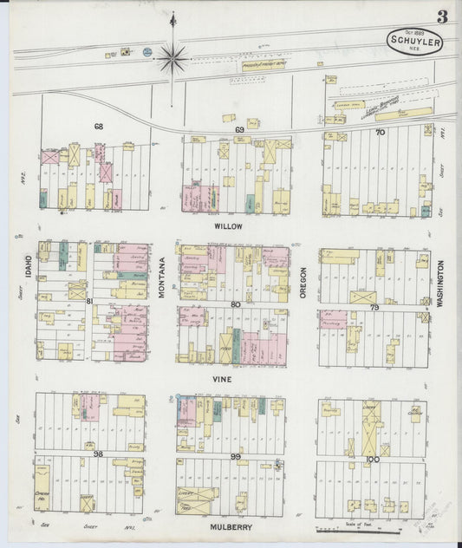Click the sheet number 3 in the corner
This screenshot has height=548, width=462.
click(442, 16)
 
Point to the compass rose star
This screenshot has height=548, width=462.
click(172, 58)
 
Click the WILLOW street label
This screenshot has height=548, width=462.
click(227, 225)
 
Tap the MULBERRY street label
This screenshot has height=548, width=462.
click(229, 525)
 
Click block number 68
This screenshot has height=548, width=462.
click(99, 127)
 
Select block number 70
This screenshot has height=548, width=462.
click(379, 133)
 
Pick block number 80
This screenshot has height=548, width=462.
click(236, 303)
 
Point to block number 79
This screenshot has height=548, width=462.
click(374, 307)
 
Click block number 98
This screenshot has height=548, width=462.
click(98, 453)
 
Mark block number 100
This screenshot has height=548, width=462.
click(372, 458)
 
